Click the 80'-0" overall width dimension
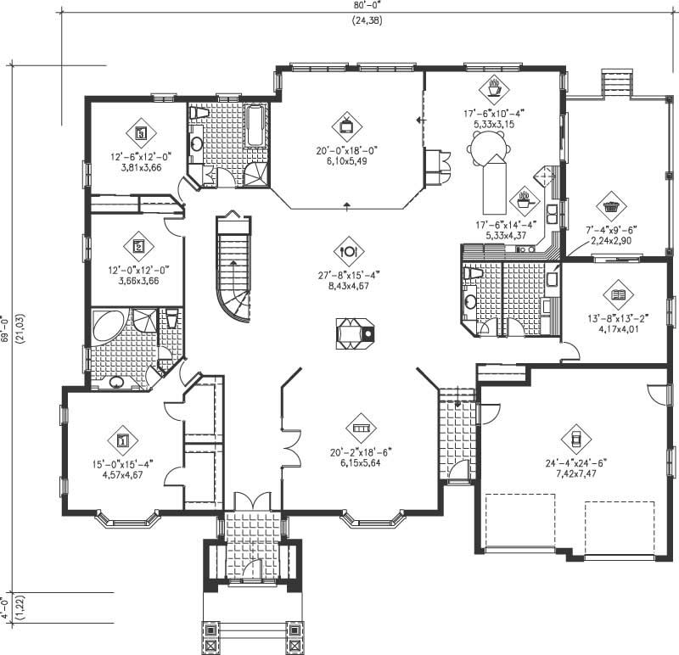pyautogui.click(x=368, y=5)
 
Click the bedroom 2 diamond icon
pyautogui.click(x=139, y=247)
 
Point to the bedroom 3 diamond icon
pyautogui.click(x=141, y=132)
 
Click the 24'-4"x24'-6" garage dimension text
pyautogui.click(x=575, y=464)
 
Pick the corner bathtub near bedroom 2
pyautogui.click(x=109, y=329)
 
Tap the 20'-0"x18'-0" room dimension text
pyautogui.click(x=346, y=151)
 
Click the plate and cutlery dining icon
pyautogui.click(x=349, y=250)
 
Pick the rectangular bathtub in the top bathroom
pyautogui.click(x=255, y=126)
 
